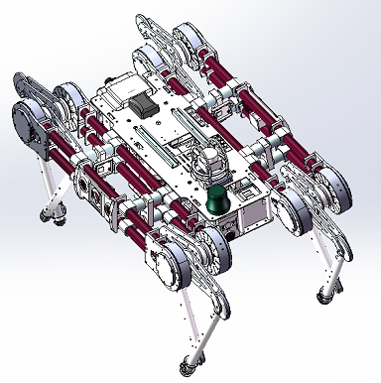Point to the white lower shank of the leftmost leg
click(46, 184)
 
